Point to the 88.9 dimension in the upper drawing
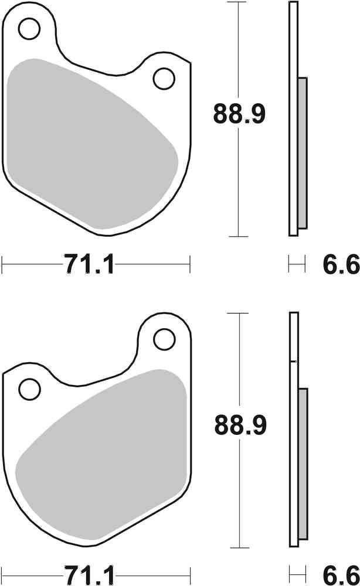point(239,114)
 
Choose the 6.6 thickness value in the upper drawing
point(339,265)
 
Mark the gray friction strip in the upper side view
point(302,154)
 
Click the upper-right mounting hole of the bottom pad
point(164,338)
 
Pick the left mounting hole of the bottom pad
point(29,388)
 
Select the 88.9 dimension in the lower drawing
point(239,425)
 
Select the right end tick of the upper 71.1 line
point(190,264)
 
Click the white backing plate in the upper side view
point(293,117)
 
